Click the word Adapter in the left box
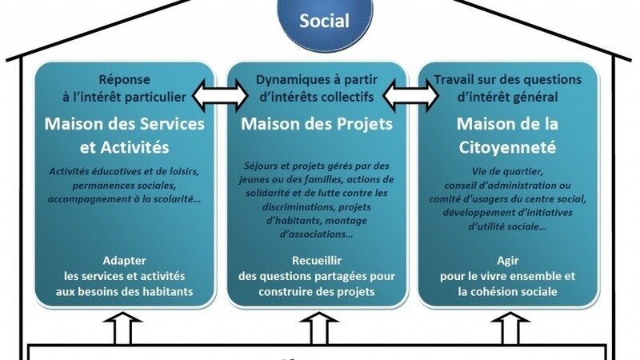[124, 262]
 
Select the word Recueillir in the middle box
[318, 262]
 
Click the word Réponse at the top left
[125, 79]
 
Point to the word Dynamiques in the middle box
[289, 79]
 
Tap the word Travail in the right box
[454, 79]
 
